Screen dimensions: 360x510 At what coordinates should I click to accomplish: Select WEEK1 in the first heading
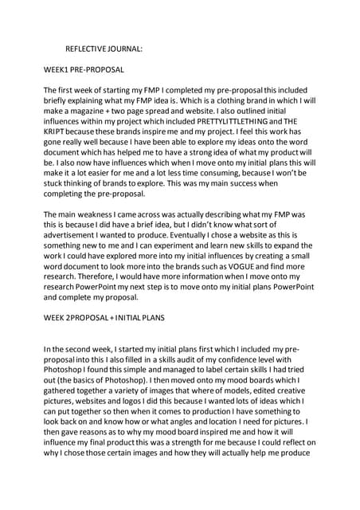tap(57, 70)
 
